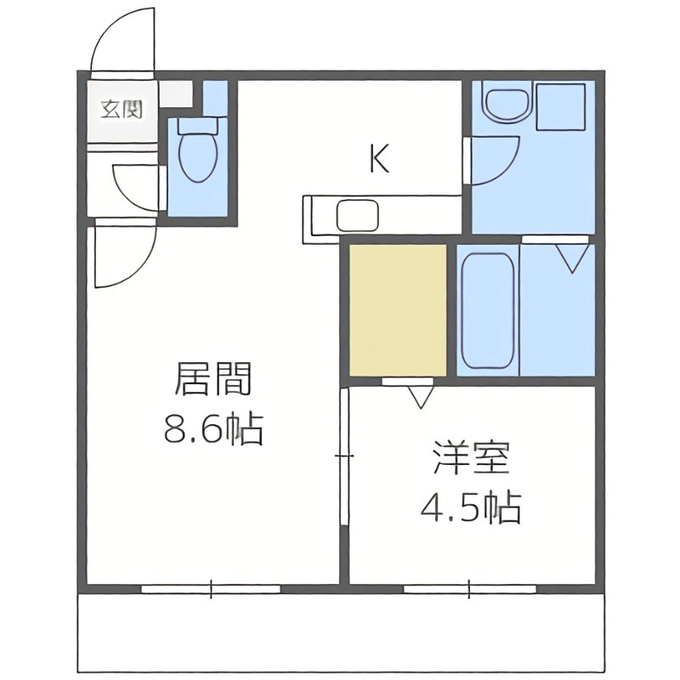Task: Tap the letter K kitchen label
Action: tap(379, 159)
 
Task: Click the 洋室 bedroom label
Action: tap(471, 460)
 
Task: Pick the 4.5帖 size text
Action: tap(471, 508)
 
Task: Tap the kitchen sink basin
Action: tap(356, 215)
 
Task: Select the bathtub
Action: tap(487, 309)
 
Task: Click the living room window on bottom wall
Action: tap(211, 587)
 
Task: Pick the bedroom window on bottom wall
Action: tap(470, 587)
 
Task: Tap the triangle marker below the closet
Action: tap(420, 396)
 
